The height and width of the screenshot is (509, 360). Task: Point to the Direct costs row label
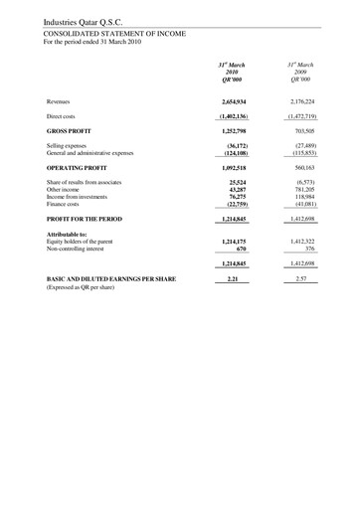(61, 116)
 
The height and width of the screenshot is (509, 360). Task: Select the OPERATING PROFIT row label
(79, 168)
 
